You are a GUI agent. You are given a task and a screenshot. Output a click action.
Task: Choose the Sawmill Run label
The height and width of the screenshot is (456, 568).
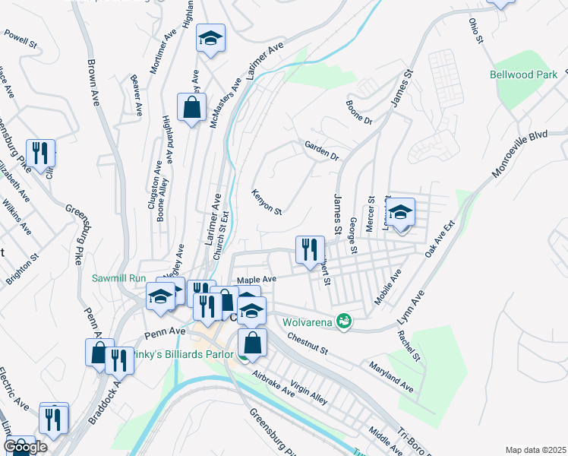tap(118, 278)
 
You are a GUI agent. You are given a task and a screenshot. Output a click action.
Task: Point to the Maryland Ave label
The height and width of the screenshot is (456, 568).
tap(392, 377)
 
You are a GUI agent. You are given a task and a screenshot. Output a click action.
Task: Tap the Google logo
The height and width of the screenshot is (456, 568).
tap(25, 447)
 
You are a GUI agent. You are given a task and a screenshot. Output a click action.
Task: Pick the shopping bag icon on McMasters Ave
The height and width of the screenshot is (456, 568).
tap(191, 108)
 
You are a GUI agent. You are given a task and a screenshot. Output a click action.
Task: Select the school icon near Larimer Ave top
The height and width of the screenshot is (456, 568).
tap(210, 40)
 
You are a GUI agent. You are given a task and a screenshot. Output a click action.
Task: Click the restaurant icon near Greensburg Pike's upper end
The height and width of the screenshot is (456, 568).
tap(40, 152)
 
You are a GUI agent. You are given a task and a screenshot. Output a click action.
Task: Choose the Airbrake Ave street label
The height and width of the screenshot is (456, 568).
tap(273, 384)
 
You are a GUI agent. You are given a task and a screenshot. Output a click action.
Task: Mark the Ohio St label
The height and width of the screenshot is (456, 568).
tap(475, 30)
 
